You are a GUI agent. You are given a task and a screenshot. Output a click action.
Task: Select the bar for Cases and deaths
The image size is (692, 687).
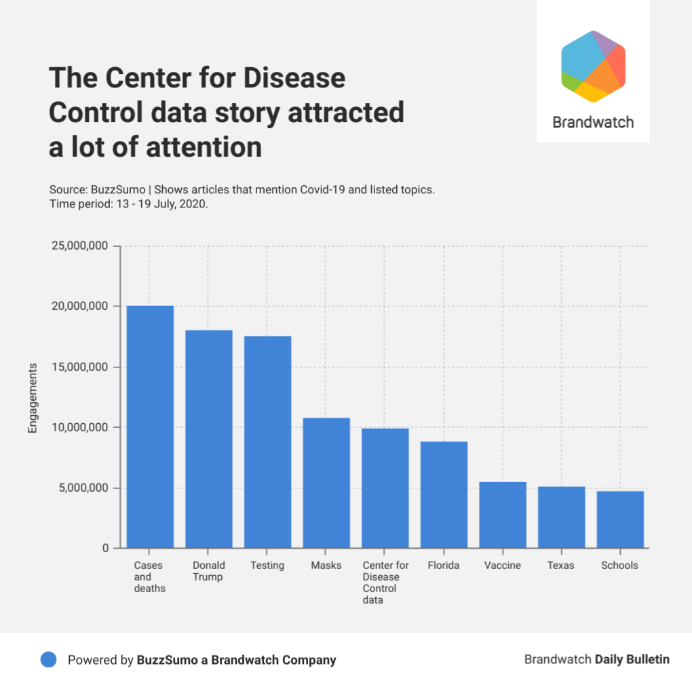(150, 427)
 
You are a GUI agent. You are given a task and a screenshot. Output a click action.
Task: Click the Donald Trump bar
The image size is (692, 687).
(209, 439)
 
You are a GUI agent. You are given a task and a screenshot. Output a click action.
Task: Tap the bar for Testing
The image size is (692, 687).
(267, 442)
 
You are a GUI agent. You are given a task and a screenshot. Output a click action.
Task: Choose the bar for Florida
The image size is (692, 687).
(444, 494)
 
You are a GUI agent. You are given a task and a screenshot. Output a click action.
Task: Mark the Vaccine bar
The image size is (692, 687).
(503, 515)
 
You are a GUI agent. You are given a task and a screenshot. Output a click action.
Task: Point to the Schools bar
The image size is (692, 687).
(620, 519)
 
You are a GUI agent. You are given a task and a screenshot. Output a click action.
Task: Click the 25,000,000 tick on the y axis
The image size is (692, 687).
(79, 246)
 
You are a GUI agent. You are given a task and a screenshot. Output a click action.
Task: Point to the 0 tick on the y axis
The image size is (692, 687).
(106, 548)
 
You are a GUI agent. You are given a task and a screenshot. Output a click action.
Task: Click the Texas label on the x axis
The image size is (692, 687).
(561, 566)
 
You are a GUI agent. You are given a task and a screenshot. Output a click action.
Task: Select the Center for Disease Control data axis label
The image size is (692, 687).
(385, 583)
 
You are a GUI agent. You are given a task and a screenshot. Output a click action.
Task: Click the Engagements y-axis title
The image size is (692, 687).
(33, 397)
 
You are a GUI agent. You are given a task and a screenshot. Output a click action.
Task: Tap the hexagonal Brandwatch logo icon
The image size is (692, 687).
(593, 66)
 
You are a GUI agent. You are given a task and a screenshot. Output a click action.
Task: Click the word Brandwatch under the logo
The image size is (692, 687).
(593, 123)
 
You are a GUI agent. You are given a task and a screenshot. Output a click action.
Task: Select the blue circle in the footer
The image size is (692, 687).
(48, 660)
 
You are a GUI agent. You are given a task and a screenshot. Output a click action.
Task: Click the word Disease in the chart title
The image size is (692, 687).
(295, 79)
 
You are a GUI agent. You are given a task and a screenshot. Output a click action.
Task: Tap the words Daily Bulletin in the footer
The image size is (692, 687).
(632, 659)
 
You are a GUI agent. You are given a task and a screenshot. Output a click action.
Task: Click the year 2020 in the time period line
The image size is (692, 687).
(193, 203)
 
